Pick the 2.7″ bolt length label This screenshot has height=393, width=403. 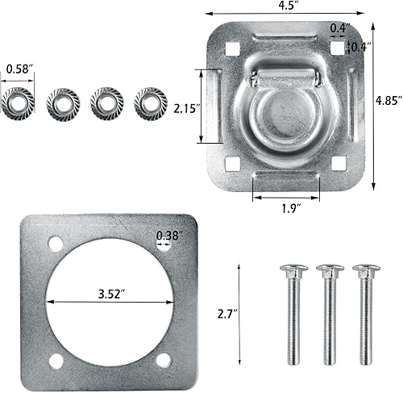point(227,311)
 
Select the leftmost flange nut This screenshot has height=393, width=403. point(18,102)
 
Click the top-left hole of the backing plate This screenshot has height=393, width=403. point(55,243)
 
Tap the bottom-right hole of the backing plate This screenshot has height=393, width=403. point(164,360)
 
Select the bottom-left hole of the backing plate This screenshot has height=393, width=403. point(55,360)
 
